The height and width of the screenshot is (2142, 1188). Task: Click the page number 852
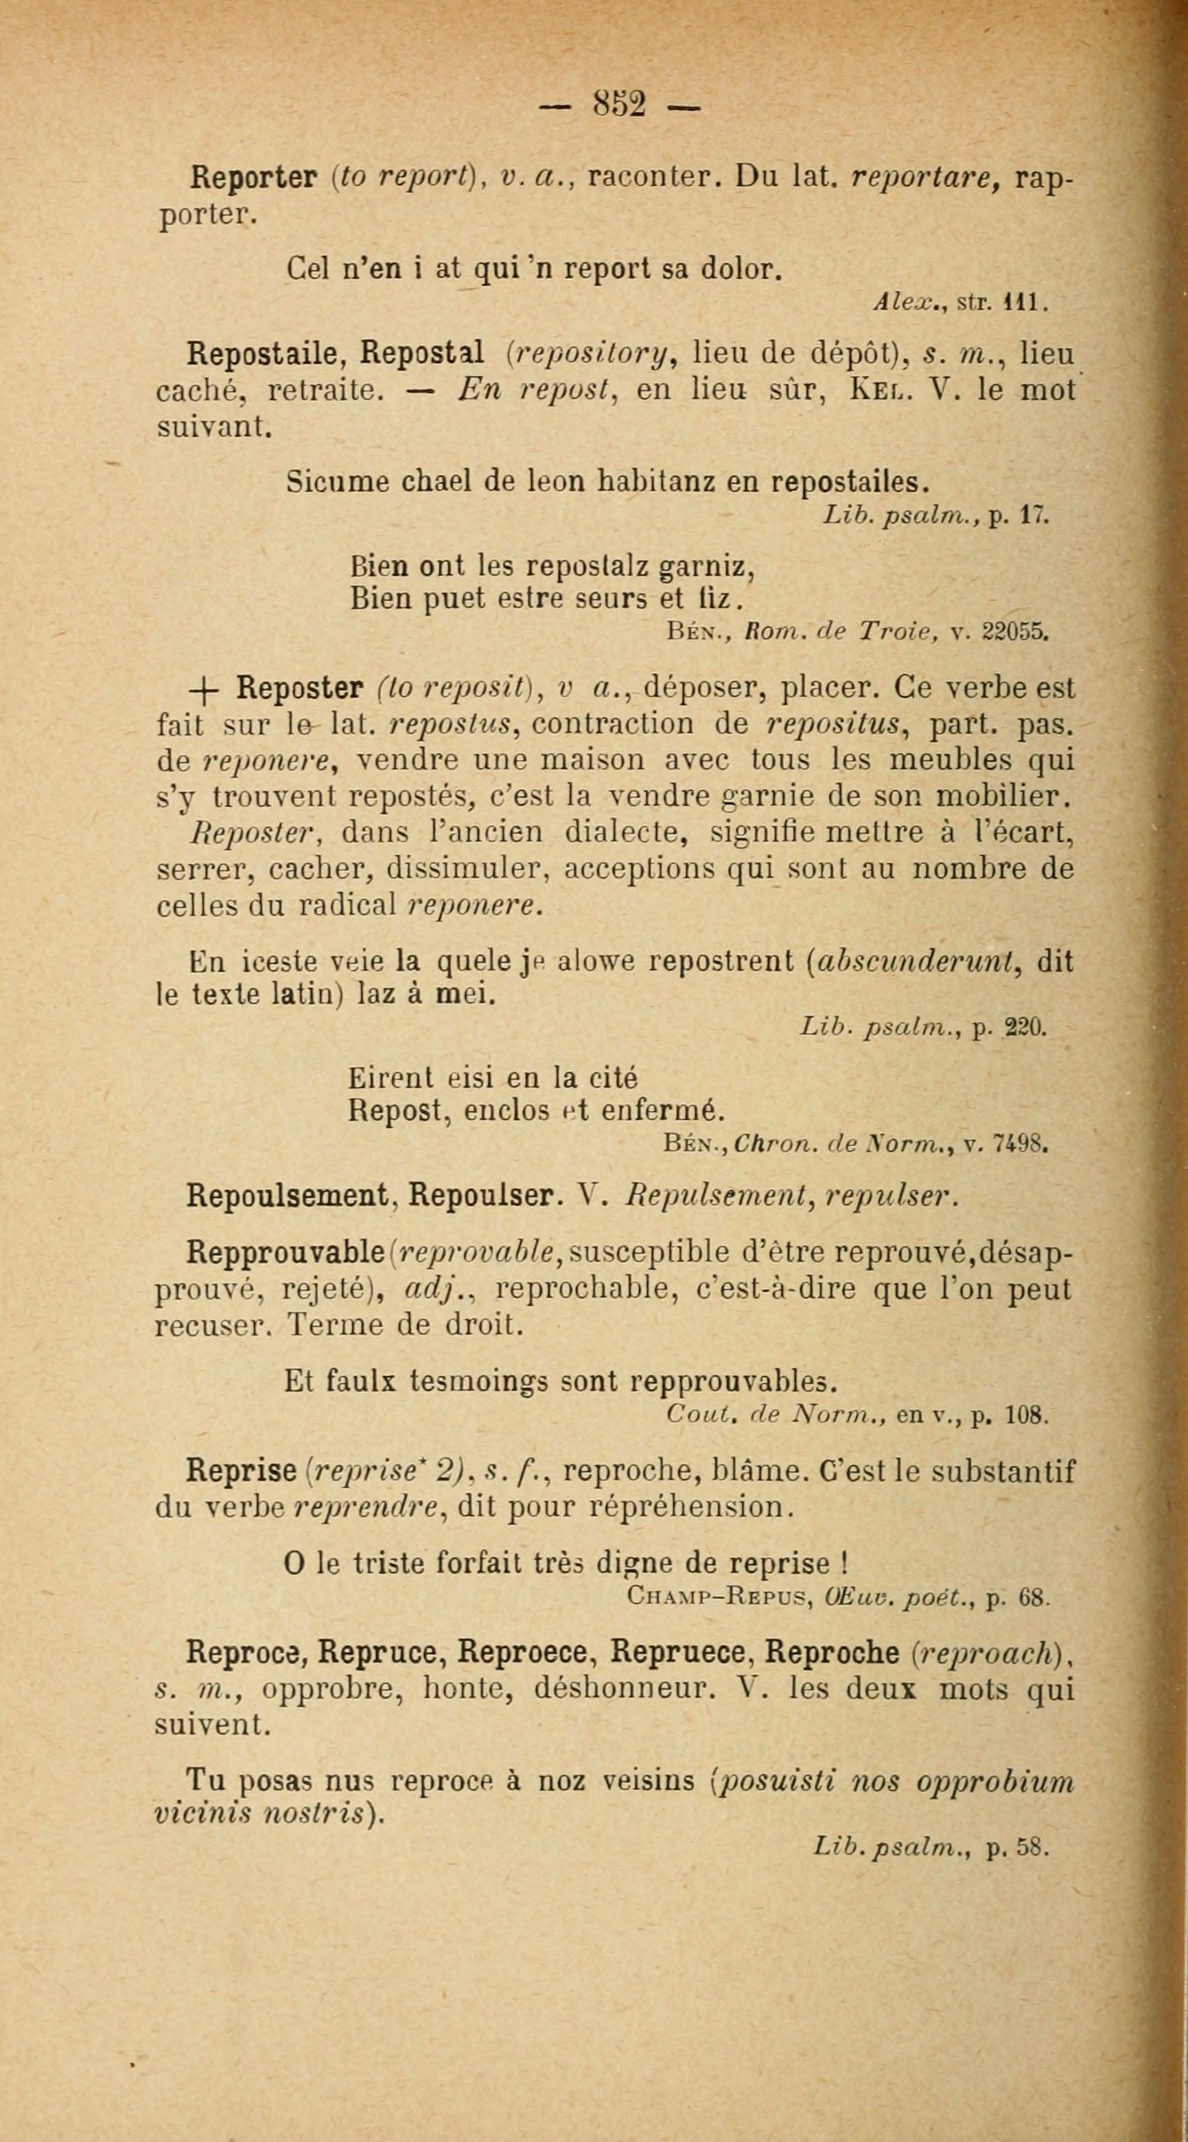[619, 106]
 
